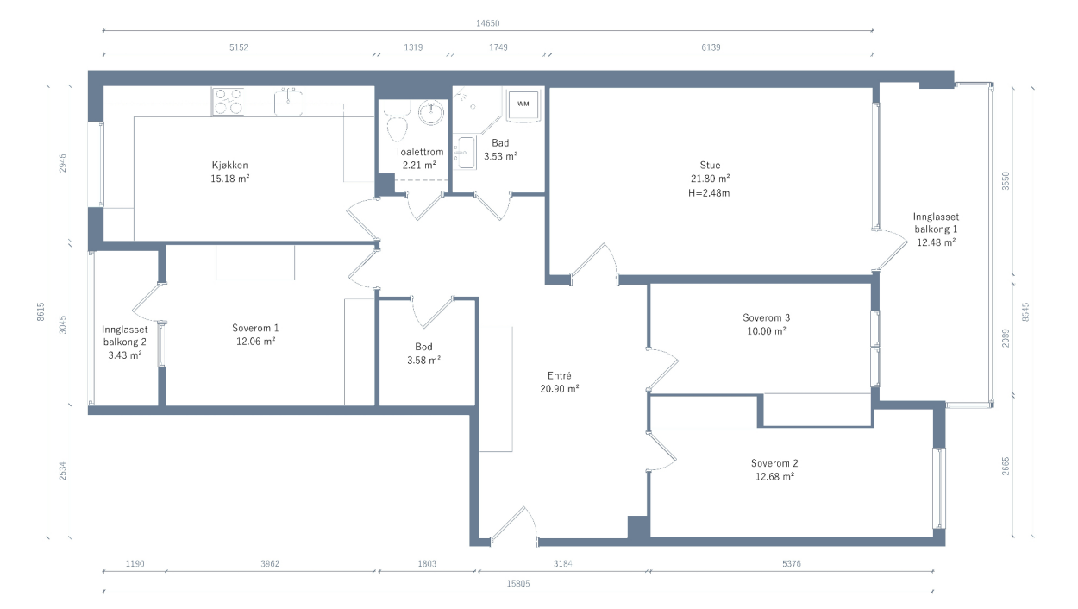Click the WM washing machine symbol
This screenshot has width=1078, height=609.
[523, 104]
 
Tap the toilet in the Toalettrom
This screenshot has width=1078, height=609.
[397, 123]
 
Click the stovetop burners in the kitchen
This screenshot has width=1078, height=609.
[228, 101]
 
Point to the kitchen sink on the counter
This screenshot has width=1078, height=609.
[289, 101]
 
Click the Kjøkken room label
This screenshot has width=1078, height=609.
[230, 165]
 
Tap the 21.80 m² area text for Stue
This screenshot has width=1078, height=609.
[711, 179]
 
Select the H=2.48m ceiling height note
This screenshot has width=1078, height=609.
[709, 193]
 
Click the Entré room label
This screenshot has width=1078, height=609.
[559, 375]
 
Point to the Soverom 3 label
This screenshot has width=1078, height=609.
[766, 317]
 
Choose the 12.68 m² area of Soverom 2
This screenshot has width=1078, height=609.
[774, 477]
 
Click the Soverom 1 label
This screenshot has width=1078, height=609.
[255, 329]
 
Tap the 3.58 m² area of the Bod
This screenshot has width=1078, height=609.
[423, 360]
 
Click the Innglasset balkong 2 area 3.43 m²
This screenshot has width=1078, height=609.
[125, 355]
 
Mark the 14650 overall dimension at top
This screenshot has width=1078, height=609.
[487, 23]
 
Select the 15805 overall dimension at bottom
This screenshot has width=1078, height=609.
[517, 583]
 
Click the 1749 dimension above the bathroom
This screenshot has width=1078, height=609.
[498, 47]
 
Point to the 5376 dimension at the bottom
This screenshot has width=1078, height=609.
[791, 563]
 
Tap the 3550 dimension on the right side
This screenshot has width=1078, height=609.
[1006, 181]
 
